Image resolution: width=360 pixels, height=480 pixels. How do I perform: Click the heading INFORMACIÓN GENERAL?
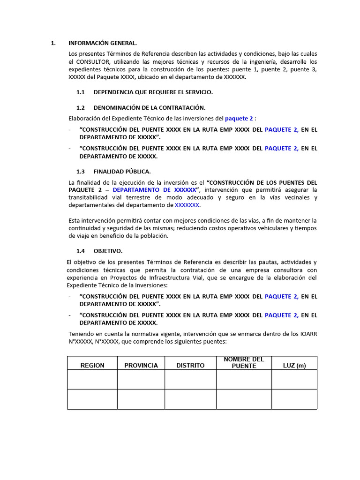pyautogui.click(x=103, y=43)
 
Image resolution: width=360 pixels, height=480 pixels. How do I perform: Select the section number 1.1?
pyautogui.click(x=81, y=92)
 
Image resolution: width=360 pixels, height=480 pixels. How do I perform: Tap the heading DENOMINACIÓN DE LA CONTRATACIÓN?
pyautogui.click(x=150, y=107)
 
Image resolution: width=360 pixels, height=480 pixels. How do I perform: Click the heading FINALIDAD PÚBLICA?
pyautogui.click(x=122, y=172)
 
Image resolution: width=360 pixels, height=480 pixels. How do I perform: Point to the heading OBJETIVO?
pyautogui.click(x=108, y=251)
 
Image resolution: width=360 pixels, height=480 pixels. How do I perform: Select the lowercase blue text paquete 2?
pyautogui.click(x=239, y=119)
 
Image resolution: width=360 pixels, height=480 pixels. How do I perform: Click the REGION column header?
pyautogui.click(x=92, y=365)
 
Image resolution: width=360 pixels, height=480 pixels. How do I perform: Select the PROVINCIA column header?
pyautogui.click(x=141, y=365)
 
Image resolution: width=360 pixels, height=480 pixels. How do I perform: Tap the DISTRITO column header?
pyautogui.click(x=190, y=365)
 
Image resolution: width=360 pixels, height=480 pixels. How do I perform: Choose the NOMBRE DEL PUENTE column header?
pyautogui.click(x=244, y=362)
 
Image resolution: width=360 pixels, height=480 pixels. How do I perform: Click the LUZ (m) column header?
pyautogui.click(x=294, y=365)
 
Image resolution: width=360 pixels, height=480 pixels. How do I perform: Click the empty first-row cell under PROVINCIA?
pyautogui.click(x=141, y=379)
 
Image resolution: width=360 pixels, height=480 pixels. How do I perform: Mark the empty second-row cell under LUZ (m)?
pyautogui.click(x=294, y=399)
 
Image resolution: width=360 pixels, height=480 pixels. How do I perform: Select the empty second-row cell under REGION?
pyautogui.click(x=92, y=399)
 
